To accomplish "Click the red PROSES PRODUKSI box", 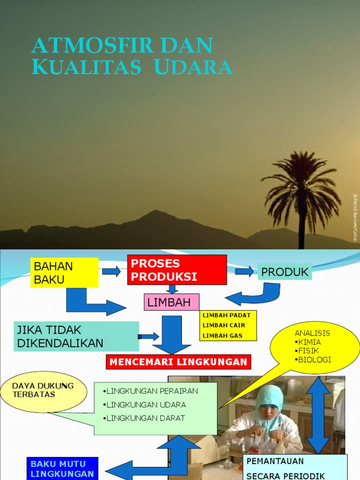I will click(177, 270).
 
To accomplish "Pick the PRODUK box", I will click(285, 271).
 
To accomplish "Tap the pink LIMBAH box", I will click(171, 302).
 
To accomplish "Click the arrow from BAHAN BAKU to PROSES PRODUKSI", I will click(112, 271).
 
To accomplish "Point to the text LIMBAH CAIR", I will click(224, 325).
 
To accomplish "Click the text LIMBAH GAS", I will click(223, 336).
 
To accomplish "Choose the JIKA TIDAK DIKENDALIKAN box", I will click(78, 336).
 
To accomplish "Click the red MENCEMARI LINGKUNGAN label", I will click(178, 362).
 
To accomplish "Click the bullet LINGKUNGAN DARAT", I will click(146, 418).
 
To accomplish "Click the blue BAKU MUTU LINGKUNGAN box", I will click(62, 469).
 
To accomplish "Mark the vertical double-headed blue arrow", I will click(319, 415).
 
